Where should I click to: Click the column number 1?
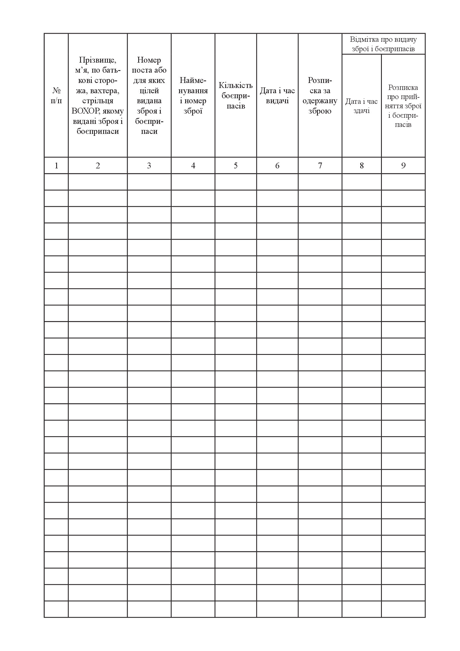point(56,166)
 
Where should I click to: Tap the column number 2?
point(98,166)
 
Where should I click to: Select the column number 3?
point(149,166)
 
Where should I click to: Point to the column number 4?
point(193,166)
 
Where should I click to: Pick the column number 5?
point(236,166)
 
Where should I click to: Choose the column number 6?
point(277,166)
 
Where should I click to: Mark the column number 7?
point(320,166)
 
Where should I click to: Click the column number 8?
point(362,166)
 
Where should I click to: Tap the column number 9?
point(403,166)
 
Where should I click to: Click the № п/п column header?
point(56,95)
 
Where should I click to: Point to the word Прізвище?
point(98,60)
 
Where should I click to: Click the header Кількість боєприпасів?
point(236,95)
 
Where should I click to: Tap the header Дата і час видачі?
point(277,95)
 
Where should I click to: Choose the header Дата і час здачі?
point(362,106)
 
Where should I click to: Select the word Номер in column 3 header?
point(149,60)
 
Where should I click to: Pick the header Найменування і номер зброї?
point(193,95)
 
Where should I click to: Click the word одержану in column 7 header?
point(320,101)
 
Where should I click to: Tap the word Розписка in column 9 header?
point(403,88)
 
